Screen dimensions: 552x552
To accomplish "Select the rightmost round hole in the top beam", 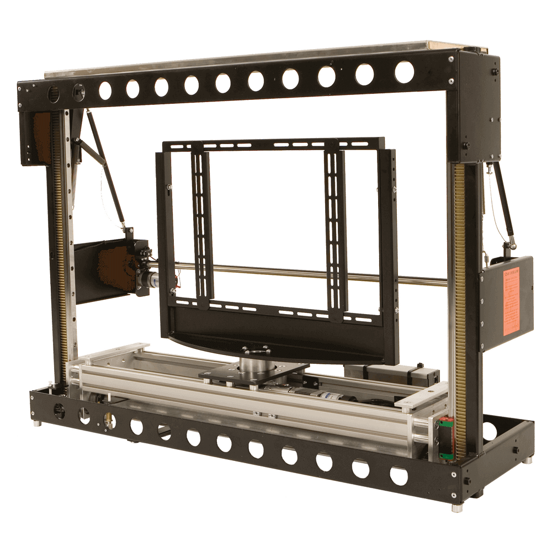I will tap(404, 72).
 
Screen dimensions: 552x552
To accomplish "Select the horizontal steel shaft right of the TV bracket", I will tap(420, 279).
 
